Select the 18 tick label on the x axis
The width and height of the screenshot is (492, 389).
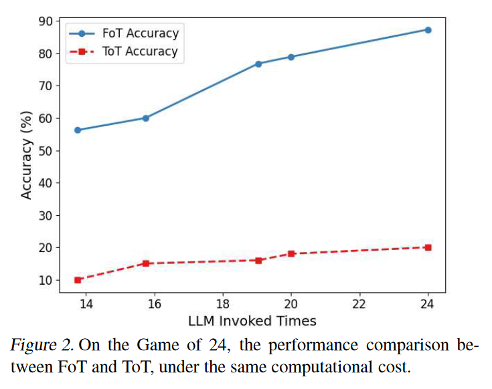click(222, 304)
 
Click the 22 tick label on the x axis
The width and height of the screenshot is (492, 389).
click(359, 304)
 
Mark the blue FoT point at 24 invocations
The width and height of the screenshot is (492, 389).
click(428, 30)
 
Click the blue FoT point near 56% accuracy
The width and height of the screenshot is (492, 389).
click(78, 130)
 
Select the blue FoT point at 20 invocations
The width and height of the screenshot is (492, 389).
click(291, 57)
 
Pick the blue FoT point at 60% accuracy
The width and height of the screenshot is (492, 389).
click(146, 118)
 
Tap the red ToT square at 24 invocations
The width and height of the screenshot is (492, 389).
click(428, 247)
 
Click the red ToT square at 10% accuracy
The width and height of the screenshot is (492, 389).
click(78, 280)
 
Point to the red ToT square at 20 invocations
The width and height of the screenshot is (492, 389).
click(291, 253)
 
